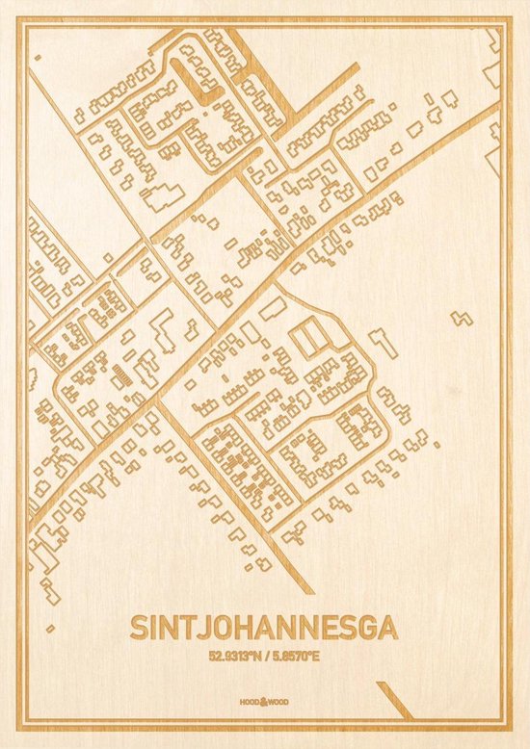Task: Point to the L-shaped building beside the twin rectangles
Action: click(x=381, y=339)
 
